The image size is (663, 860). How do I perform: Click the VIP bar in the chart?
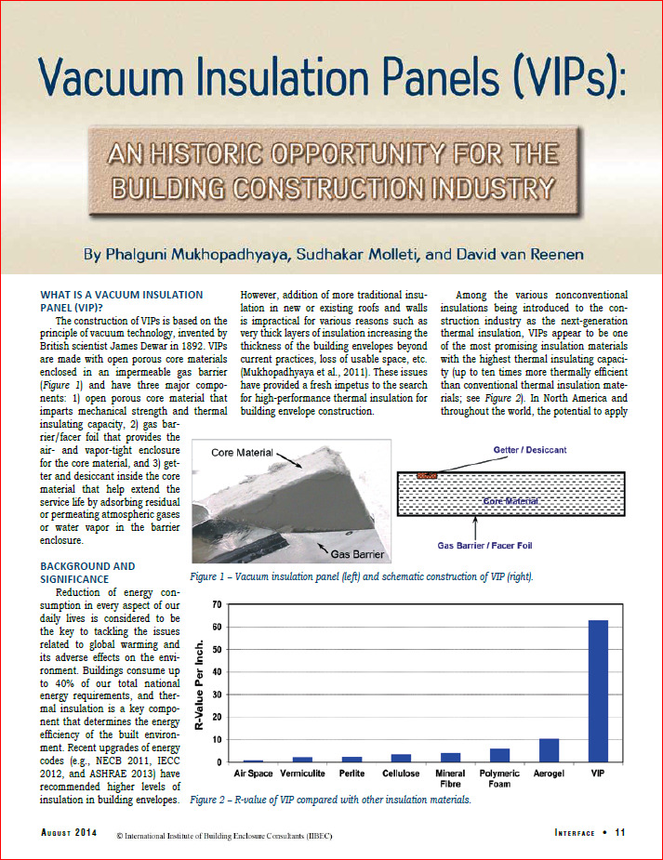pyautogui.click(x=599, y=691)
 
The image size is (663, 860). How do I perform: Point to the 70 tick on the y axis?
pyautogui.click(x=216, y=604)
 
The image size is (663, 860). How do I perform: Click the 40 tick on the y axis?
pyautogui.click(x=216, y=672)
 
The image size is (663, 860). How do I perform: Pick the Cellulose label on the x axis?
pyautogui.click(x=401, y=774)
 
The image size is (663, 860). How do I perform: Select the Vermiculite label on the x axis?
pyautogui.click(x=302, y=774)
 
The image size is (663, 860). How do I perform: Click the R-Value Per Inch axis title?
pyautogui.click(x=198, y=683)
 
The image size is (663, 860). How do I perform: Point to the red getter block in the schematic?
pyautogui.click(x=427, y=476)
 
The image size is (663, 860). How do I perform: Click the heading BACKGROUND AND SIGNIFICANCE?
pyautogui.click(x=88, y=572)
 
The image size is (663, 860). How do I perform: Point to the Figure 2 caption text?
pyautogui.click(x=331, y=799)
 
